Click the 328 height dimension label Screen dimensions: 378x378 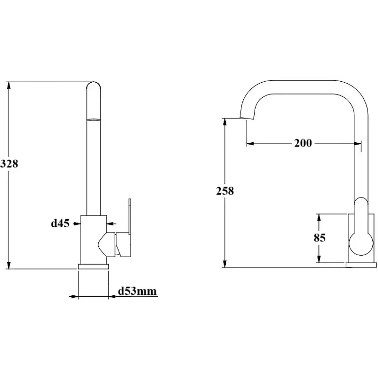9,163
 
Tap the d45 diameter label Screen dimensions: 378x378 60,223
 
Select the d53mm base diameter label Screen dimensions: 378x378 137,291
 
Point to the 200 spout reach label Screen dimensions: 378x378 303,143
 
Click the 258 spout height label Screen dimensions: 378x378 225,191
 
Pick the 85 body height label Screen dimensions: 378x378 319,238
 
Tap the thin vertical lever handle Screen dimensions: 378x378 129,216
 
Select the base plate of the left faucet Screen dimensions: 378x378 93,266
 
